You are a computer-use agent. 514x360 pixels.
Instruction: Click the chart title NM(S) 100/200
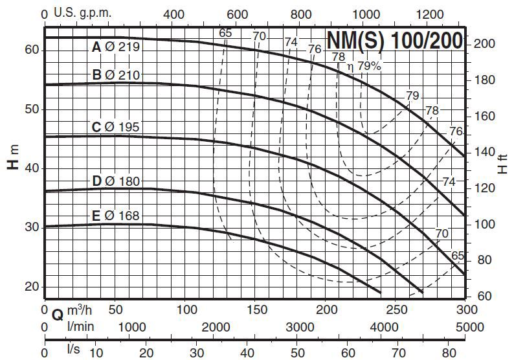coord(394,41)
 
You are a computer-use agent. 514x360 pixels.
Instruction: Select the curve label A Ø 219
coord(116,47)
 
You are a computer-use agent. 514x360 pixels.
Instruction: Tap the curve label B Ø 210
coord(116,75)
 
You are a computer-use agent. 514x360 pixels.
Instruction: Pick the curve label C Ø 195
coord(116,127)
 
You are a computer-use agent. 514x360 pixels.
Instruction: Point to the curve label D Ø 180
coord(116,181)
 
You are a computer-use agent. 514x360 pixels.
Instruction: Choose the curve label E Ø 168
coord(116,215)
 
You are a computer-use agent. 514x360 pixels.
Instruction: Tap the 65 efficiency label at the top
coord(225,34)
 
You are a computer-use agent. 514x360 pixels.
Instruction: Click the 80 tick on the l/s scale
coord(449,353)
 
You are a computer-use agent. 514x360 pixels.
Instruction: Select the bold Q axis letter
coord(57,315)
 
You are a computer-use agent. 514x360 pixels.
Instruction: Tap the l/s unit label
coord(73,349)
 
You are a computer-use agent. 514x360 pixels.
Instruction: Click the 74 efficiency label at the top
coord(291,43)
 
